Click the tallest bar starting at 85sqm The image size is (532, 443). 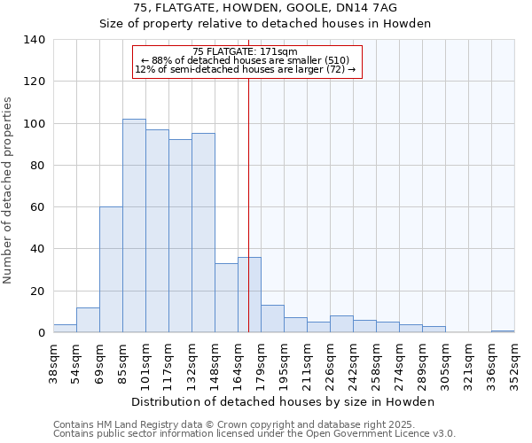tap(134, 226)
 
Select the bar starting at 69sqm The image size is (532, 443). tap(111, 269)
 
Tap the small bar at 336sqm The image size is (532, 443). tap(503, 331)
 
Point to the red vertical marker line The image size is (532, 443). tap(248, 204)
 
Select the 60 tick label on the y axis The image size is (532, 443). tap(37, 207)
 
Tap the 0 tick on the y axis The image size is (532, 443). tap(41, 333)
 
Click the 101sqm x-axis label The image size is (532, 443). tap(145, 364)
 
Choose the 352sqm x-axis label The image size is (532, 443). tap(514, 364)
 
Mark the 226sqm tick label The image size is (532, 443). tap(330, 364)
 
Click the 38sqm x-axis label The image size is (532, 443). tap(53, 364)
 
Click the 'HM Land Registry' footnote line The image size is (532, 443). tap(254, 424)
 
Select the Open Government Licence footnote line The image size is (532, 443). tap(254, 433)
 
